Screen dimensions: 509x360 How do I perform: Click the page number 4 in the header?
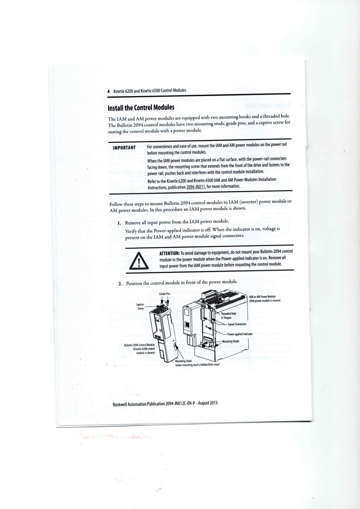(109, 91)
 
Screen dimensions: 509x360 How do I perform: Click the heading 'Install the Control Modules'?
(141, 107)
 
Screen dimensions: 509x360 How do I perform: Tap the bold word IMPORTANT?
(124, 147)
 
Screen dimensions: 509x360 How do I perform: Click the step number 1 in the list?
(119, 223)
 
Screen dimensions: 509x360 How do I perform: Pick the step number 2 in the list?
(120, 284)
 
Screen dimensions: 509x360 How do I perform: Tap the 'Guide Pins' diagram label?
(165, 294)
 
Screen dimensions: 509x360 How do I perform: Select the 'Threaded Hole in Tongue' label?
(229, 315)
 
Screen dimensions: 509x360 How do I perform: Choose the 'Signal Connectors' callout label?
(237, 324)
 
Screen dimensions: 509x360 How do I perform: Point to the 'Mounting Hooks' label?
(230, 341)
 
